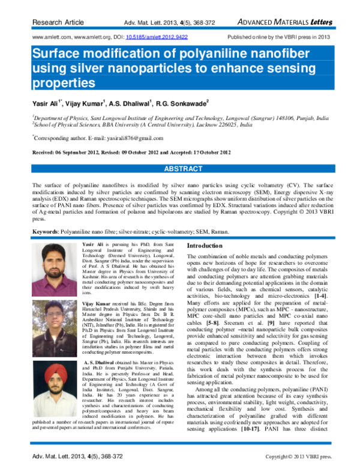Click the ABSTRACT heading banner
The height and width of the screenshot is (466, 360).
(180, 169)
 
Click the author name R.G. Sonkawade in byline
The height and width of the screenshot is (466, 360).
(181, 102)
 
